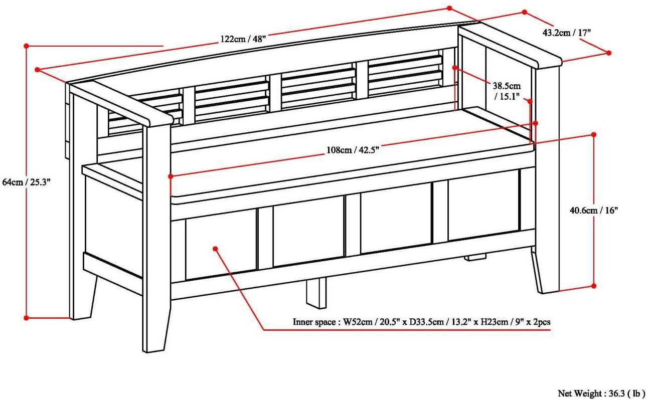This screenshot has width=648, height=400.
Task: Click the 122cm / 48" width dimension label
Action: [243, 39]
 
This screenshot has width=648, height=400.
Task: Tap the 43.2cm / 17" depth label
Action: [566, 33]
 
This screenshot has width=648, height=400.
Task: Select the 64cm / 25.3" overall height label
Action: [26, 182]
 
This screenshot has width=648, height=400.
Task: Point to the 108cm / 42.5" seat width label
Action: [353, 150]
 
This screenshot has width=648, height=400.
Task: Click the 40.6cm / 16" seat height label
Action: [594, 211]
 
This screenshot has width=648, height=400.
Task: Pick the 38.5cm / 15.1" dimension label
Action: [507, 91]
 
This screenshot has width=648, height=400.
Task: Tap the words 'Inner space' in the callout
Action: [314, 322]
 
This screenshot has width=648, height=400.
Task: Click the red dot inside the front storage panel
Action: [215, 249]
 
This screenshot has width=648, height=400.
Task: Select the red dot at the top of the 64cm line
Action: [26, 46]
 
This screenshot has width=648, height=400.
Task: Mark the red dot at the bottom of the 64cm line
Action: [26, 318]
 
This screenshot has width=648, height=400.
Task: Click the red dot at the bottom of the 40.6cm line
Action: [594, 286]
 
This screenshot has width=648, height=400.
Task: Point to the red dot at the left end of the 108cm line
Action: [171, 176]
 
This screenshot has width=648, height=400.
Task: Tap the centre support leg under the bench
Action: [316, 293]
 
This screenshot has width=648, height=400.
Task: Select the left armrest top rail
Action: [121, 104]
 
